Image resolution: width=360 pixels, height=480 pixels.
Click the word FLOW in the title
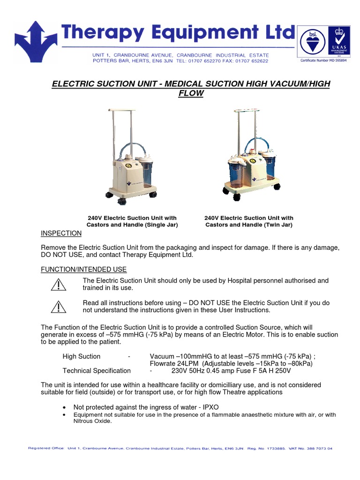click(x=190, y=93)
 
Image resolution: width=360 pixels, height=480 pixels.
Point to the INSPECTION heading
click(x=61, y=233)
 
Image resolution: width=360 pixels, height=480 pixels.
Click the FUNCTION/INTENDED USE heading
click(x=83, y=270)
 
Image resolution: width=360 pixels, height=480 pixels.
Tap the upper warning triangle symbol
click(x=59, y=285)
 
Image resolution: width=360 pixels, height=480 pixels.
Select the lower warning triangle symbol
click(x=59, y=307)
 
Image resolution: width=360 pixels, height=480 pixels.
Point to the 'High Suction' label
click(x=82, y=356)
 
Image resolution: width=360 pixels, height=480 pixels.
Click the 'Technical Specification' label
click(x=97, y=370)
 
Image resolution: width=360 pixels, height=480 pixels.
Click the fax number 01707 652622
click(x=251, y=61)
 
